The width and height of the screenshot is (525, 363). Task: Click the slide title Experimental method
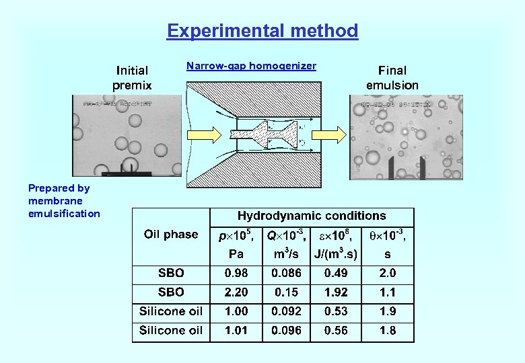click(x=262, y=31)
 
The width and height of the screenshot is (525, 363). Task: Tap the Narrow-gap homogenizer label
click(x=251, y=66)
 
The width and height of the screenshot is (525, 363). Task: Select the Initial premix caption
click(x=132, y=77)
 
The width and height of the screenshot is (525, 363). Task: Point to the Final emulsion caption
click(x=392, y=77)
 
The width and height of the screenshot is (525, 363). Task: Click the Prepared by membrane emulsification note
click(x=64, y=201)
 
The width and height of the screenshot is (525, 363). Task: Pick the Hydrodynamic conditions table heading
click(x=312, y=216)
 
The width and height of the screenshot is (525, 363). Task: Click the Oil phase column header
click(x=171, y=235)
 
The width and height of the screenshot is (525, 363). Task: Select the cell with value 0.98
click(x=236, y=273)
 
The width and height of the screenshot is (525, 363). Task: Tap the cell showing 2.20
click(x=236, y=292)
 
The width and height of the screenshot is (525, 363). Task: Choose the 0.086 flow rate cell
click(x=286, y=273)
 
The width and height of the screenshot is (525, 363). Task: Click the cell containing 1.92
click(x=337, y=292)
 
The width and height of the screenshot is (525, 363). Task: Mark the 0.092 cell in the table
click(x=286, y=311)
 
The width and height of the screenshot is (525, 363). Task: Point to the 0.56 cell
click(x=337, y=330)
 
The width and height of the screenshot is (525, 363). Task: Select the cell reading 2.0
click(x=388, y=273)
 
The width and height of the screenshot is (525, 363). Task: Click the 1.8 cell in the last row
click(x=388, y=330)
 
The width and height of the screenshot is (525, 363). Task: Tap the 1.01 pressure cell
click(x=236, y=330)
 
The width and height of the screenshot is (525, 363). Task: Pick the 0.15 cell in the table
click(x=286, y=292)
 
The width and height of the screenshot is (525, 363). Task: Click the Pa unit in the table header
click(x=236, y=255)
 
